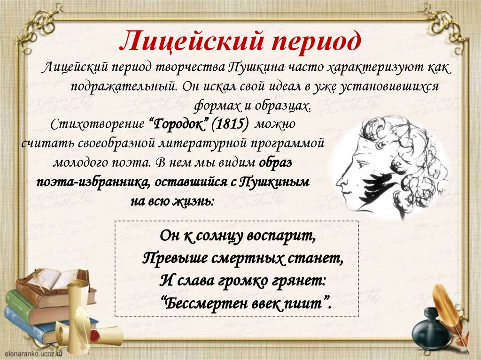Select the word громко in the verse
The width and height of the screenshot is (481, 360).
[242, 280]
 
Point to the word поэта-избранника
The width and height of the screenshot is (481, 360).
[93, 183]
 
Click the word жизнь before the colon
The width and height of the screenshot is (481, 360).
[193, 201]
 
